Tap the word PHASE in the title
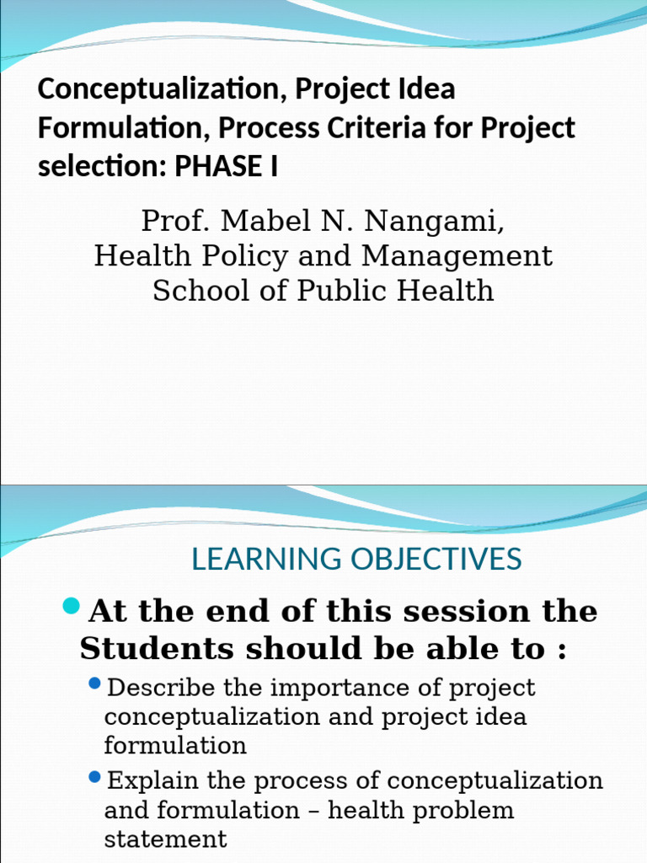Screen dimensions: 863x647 pos(217,168)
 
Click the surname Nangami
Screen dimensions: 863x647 pos(437,222)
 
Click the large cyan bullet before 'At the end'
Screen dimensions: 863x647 pos(72,605)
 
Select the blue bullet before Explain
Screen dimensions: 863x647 pos(94,775)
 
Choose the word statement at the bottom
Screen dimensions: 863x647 pos(165,839)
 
